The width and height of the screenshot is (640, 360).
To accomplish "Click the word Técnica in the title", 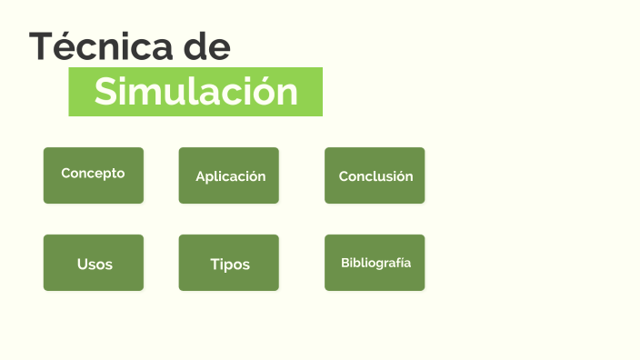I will (101, 46).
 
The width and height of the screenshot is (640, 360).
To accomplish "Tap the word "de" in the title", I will (205, 46).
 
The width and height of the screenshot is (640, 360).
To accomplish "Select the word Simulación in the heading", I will (196, 92).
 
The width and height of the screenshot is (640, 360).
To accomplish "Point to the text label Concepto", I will (93, 173).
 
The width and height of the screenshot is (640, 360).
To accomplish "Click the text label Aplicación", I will (231, 176).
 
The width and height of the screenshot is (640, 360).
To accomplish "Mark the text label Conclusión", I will (375, 176).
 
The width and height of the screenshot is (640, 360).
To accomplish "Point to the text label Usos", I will (95, 265).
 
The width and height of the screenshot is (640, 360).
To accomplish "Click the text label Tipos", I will (230, 265).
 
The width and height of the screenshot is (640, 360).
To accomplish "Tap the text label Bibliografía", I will (375, 263).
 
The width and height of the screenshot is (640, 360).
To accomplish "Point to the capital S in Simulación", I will (106, 92).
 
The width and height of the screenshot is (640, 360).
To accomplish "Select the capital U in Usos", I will (83, 265).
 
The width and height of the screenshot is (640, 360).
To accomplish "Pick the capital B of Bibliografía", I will (345, 263).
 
